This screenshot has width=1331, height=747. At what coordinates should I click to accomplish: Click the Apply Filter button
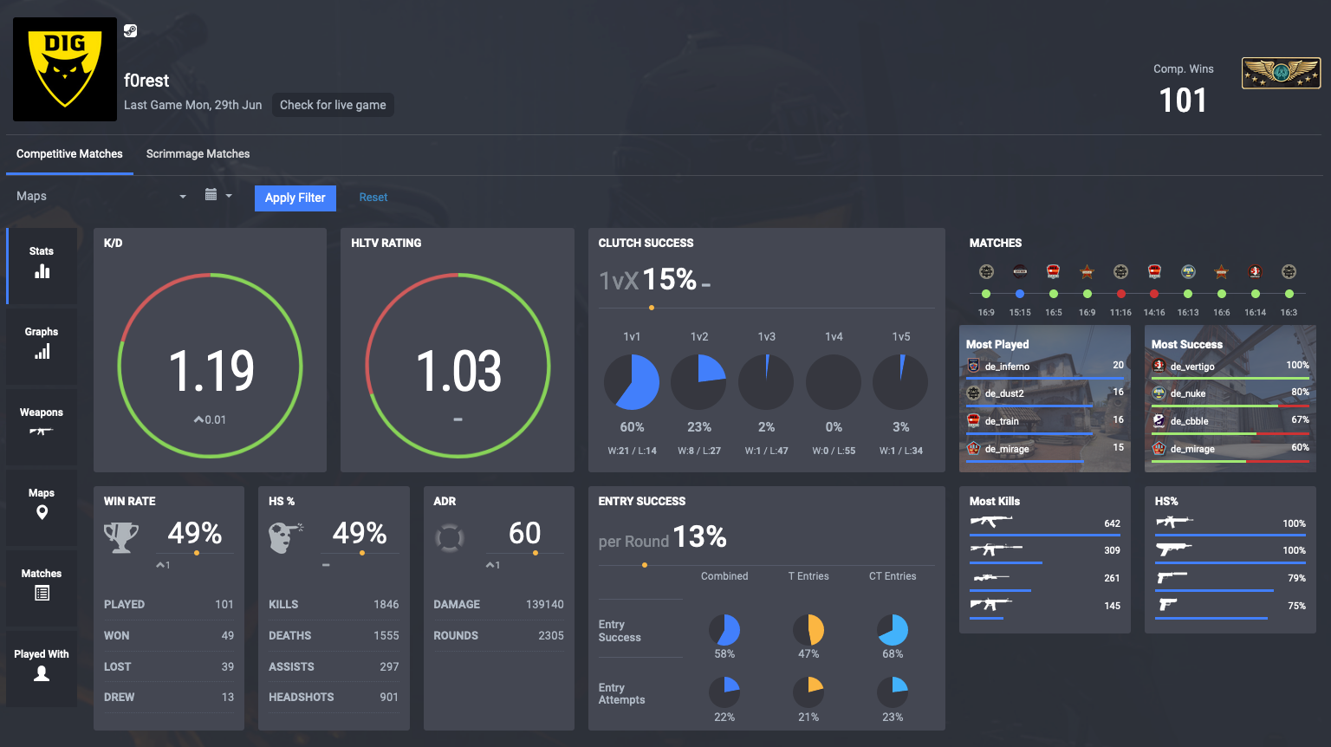coord(295,198)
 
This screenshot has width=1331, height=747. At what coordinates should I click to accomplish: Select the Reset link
coord(373,198)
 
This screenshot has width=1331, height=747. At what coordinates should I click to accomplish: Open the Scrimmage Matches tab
coord(198,154)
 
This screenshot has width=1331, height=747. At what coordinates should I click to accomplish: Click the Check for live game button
coord(333,105)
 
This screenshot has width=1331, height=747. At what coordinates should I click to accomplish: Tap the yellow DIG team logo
coord(65,69)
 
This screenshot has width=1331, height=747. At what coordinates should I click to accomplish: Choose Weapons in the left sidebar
coord(42,421)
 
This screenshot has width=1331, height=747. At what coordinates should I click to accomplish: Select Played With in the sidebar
coord(42,664)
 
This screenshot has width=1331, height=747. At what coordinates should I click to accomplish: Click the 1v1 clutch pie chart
coord(632,382)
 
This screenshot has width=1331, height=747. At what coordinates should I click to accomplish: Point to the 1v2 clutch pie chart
coord(698,382)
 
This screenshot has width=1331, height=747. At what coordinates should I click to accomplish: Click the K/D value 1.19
coord(211,371)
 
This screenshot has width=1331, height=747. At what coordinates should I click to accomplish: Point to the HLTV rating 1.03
coord(458,371)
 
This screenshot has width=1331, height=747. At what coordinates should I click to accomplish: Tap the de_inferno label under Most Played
coord(1007,367)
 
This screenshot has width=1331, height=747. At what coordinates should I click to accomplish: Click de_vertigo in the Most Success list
coord(1191,367)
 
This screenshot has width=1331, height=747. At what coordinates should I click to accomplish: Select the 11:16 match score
coord(1120,312)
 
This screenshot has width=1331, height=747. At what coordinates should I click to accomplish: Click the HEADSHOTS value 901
coord(389,697)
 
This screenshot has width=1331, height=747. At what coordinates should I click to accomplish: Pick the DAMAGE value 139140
coord(544,604)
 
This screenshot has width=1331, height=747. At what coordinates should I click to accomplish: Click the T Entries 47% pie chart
coord(808,630)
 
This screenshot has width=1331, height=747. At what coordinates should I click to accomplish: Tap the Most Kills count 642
coord(1112,523)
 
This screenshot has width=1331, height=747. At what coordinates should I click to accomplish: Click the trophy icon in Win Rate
coord(121,537)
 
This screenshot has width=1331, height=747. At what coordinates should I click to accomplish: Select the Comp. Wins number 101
coord(1183,101)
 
